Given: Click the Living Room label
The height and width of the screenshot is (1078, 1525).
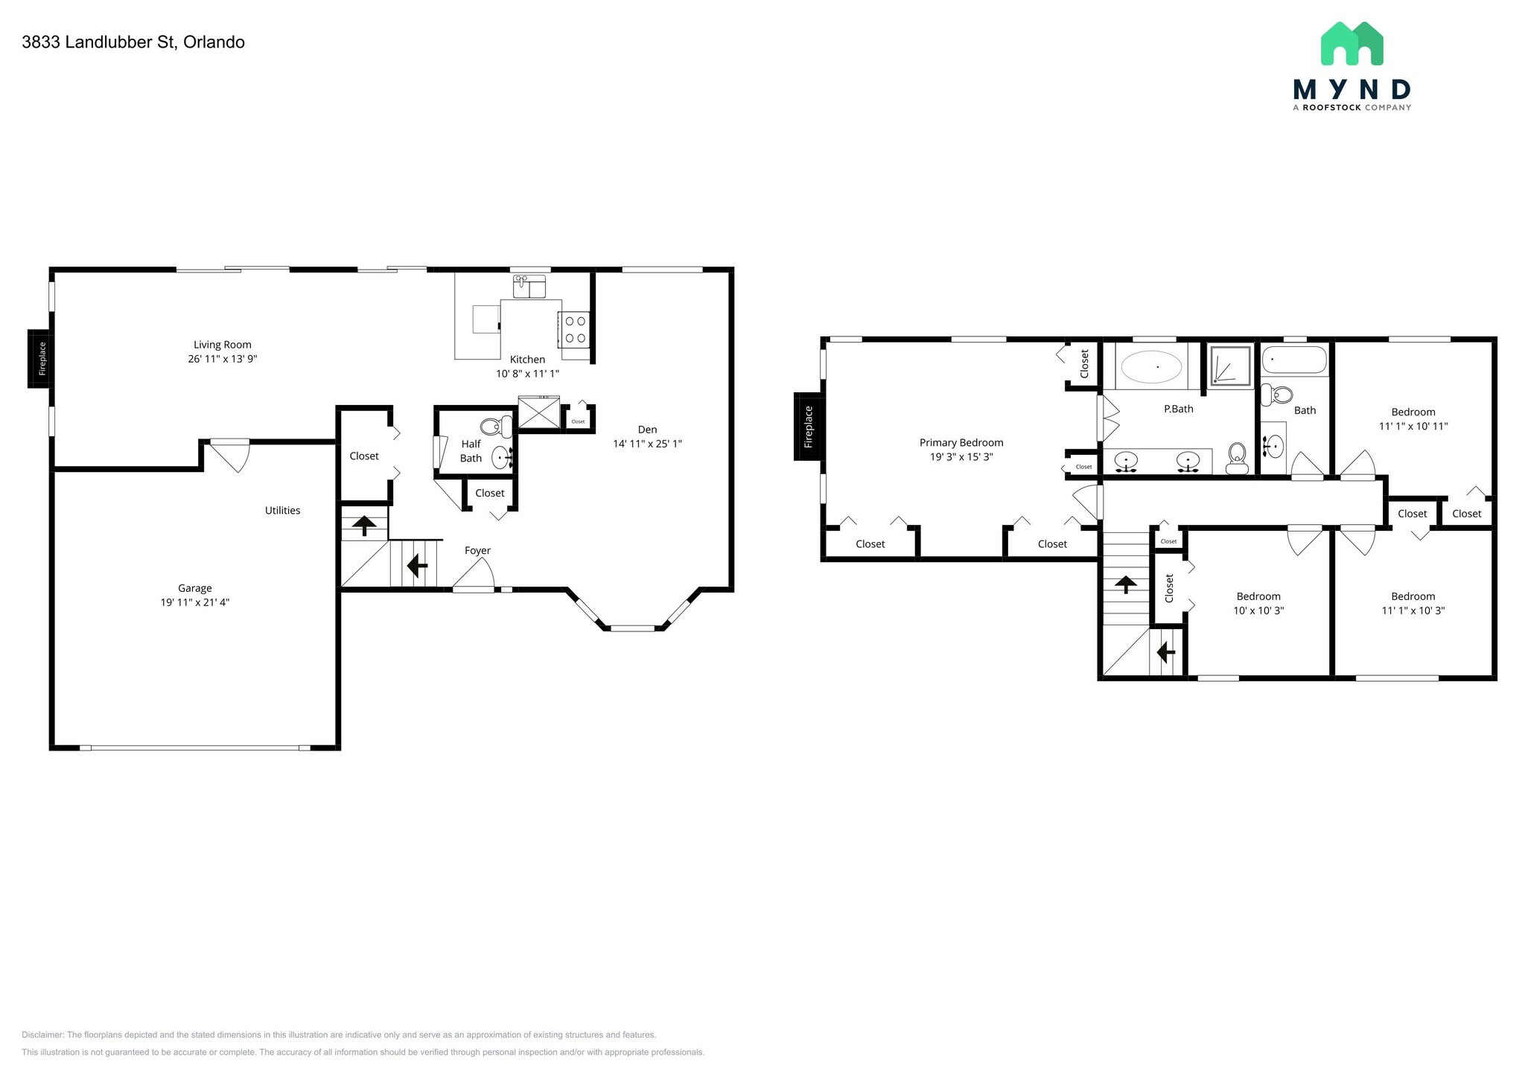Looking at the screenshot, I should tap(222, 345).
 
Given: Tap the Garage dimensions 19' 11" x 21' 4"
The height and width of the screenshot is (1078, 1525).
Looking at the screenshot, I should tap(194, 602).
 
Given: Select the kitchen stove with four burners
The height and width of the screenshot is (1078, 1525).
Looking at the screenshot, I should tap(574, 330).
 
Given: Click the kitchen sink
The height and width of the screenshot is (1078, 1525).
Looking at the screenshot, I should tap(529, 286).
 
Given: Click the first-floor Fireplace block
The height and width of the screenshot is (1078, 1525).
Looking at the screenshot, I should tap(41, 358).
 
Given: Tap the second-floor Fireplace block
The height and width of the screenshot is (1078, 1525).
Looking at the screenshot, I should tap(808, 427).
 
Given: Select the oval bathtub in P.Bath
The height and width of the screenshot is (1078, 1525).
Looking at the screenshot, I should tap(1151, 367).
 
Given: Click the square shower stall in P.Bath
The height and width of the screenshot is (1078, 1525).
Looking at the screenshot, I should tap(1230, 366).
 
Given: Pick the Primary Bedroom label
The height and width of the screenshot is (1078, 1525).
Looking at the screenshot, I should tap(961, 443).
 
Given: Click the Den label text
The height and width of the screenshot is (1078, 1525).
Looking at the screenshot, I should tap(647, 430).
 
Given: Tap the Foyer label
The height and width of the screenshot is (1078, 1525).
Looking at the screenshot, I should tap(477, 551).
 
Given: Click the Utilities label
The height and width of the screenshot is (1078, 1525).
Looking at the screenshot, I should tap(282, 511).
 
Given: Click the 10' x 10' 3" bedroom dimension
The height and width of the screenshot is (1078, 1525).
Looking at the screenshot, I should tap(1258, 610).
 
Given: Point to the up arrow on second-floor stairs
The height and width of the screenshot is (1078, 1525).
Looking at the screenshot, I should tap(1124, 584).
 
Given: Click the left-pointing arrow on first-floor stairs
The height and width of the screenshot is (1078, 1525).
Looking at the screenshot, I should tap(417, 567).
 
